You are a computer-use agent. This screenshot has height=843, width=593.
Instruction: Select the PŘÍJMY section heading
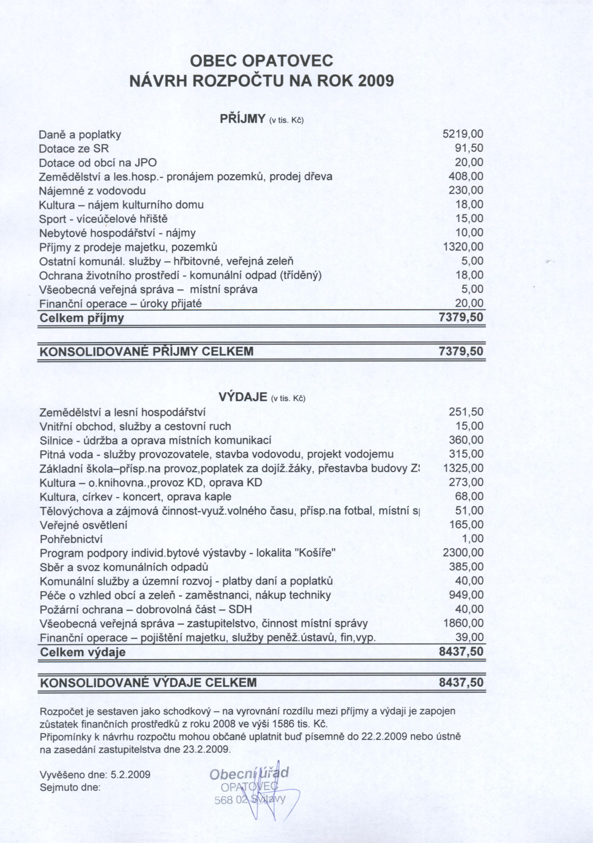[x=243, y=119]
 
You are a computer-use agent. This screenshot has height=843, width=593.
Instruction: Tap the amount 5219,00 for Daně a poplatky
[x=462, y=134]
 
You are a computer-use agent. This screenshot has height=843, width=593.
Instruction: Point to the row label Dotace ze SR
[x=74, y=148]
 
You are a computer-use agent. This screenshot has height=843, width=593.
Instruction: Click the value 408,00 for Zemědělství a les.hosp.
[x=465, y=176]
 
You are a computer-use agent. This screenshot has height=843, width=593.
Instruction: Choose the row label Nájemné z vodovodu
[x=92, y=190]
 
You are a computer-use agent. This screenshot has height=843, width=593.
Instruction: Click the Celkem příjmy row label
[x=82, y=318]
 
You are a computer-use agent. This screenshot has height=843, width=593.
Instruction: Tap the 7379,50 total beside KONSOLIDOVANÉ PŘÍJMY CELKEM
[x=461, y=351]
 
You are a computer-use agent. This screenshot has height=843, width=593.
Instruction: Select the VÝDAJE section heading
[x=243, y=397]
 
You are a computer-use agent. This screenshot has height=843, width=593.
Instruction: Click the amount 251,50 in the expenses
[x=466, y=412]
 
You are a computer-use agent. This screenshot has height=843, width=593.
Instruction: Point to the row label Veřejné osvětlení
[x=83, y=525]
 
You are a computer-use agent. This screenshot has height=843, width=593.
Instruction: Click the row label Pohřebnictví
[x=71, y=539]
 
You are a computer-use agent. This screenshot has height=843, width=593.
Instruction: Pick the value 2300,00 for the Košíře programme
[x=462, y=553]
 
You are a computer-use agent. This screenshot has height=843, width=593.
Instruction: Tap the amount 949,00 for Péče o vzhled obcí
[x=466, y=595]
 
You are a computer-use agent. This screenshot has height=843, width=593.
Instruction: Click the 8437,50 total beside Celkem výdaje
[x=461, y=652]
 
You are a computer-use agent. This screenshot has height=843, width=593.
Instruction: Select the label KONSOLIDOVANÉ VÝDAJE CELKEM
[x=148, y=683]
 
